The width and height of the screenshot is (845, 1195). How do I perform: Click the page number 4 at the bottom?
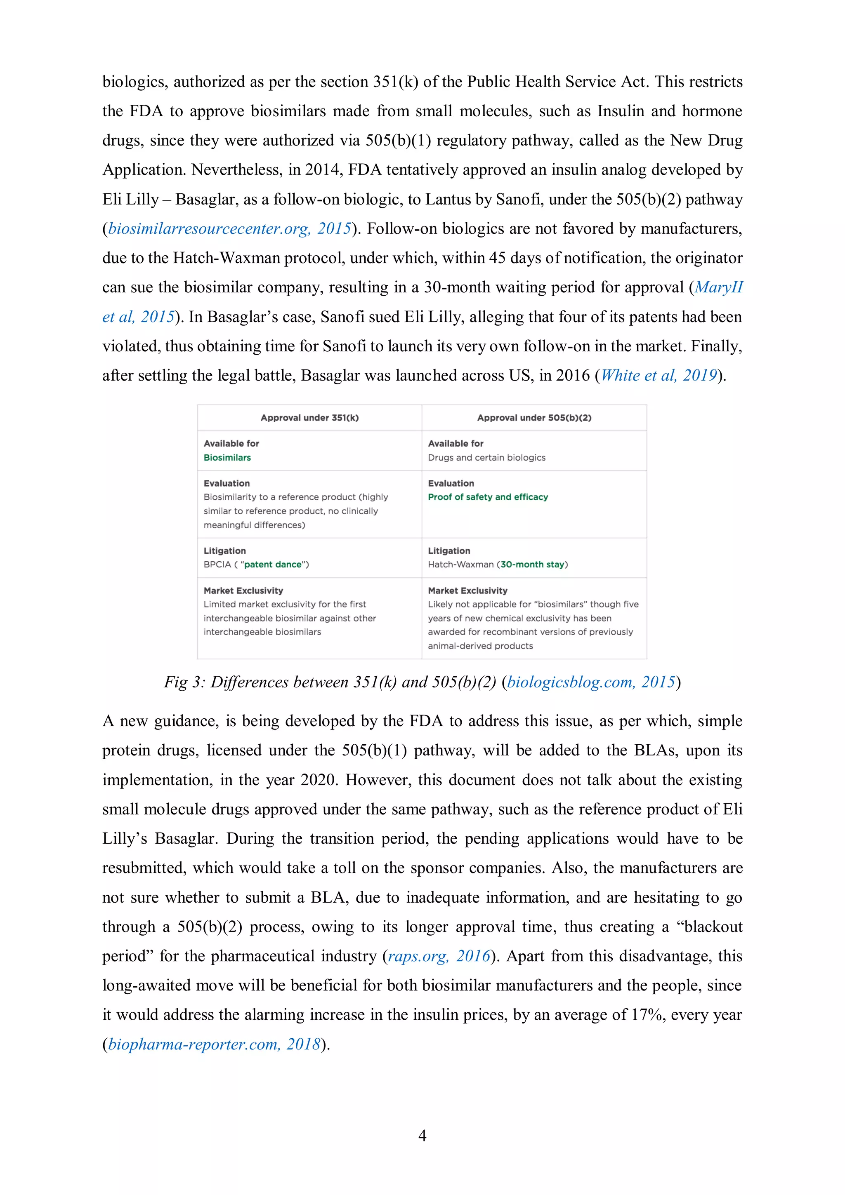(x=422, y=1135)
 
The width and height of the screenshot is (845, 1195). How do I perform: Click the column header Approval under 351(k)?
(x=309, y=417)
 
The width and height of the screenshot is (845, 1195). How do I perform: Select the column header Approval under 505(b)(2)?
(x=534, y=417)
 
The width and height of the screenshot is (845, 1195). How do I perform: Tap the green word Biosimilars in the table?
(x=227, y=457)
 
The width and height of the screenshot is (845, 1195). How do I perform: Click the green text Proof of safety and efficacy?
(x=488, y=497)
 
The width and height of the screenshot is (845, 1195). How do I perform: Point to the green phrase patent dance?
(x=273, y=564)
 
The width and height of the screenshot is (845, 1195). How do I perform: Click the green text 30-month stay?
(x=532, y=564)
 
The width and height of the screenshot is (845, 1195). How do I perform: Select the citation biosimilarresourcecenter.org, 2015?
(x=229, y=228)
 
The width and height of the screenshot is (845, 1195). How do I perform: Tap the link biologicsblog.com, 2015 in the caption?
(x=590, y=682)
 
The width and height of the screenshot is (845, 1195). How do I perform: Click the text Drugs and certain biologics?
(x=486, y=457)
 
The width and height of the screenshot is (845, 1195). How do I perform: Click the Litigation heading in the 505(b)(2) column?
(x=449, y=550)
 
